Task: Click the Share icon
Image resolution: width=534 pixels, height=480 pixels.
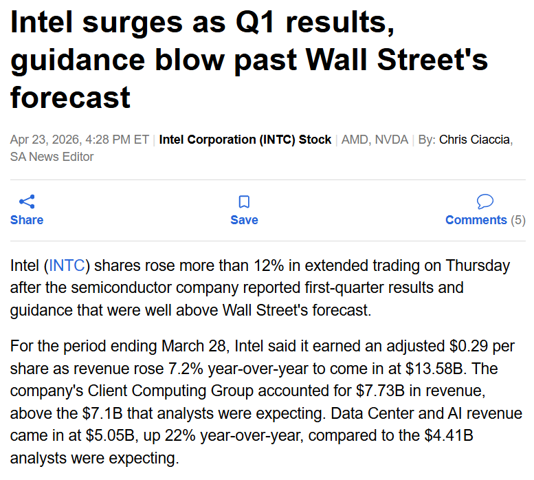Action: [27, 201]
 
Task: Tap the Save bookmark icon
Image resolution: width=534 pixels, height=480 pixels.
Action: [244, 201]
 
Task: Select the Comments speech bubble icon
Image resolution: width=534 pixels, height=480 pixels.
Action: [485, 201]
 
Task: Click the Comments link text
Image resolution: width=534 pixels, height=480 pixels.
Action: [476, 220]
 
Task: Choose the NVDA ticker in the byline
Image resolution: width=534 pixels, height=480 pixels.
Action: [392, 140]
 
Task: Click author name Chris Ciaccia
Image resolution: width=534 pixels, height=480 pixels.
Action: [474, 140]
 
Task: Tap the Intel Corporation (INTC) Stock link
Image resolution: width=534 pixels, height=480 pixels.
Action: [245, 140]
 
